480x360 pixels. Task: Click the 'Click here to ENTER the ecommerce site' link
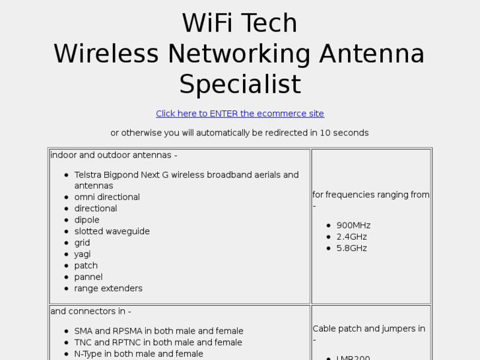[x=240, y=114]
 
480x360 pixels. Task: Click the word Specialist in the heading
[x=240, y=85]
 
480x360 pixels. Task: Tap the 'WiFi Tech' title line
[x=240, y=24]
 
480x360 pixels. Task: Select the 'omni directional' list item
[x=107, y=197]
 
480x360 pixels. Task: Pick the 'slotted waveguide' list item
[x=112, y=231]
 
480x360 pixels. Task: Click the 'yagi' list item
[x=83, y=254]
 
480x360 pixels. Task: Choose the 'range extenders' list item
[x=108, y=288]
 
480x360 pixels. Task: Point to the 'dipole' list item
[x=86, y=220]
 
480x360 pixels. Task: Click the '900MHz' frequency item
[x=353, y=225]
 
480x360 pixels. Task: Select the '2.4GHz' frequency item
[x=351, y=236]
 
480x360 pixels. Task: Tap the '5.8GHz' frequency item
[x=351, y=248]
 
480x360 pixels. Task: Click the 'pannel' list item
[x=88, y=277]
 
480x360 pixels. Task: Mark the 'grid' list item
[x=82, y=242]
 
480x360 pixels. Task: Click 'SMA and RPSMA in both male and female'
[x=158, y=331]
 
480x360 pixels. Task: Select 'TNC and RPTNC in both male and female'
[x=158, y=342]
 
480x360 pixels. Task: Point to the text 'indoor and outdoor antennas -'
[x=114, y=155]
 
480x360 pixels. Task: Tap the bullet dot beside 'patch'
[x=67, y=266]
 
